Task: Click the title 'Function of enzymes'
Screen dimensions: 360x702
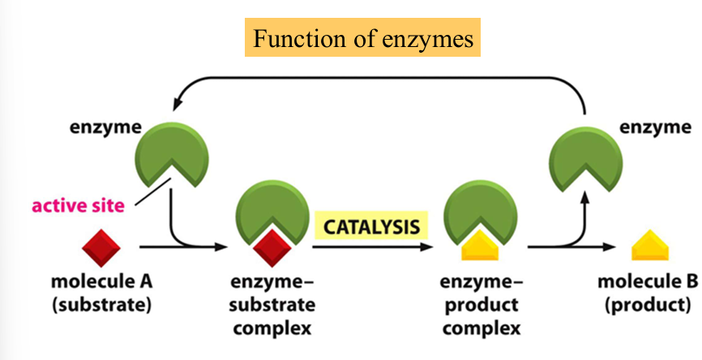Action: click(x=362, y=37)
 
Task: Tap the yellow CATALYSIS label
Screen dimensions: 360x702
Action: click(x=372, y=225)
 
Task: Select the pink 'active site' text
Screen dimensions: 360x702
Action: click(x=78, y=205)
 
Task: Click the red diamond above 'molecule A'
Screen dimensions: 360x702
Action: click(x=100, y=246)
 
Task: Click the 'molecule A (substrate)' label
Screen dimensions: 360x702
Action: click(x=101, y=294)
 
